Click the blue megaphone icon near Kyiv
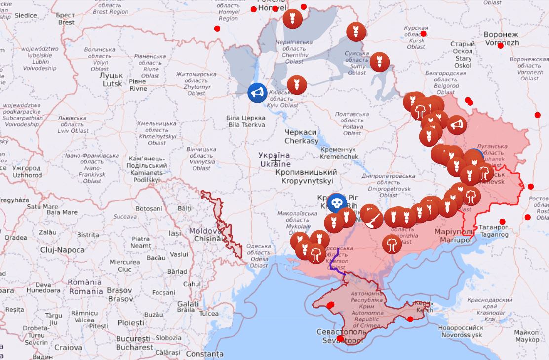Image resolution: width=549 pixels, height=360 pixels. click(x=257, y=92)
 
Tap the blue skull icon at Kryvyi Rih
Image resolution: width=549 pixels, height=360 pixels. click(x=337, y=203)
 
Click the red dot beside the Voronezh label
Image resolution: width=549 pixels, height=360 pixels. click(x=501, y=45)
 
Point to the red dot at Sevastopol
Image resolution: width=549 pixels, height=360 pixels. click(x=340, y=338)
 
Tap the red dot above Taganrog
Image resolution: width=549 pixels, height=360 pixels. click(x=503, y=221)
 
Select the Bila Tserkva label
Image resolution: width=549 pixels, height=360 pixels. click(x=245, y=121)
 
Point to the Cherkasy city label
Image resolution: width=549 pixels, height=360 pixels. click(x=301, y=137)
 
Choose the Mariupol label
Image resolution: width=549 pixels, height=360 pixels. click(x=452, y=236)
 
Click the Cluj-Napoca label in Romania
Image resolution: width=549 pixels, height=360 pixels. click(x=62, y=250)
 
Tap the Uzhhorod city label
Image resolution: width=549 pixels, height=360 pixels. click(x=27, y=172)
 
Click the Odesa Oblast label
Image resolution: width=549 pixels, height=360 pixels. click(x=259, y=255)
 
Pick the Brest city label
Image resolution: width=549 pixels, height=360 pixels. click(x=66, y=19)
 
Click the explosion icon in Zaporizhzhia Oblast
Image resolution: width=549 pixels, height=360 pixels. click(x=392, y=244)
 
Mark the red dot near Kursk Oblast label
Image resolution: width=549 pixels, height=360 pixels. click(x=423, y=34)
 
